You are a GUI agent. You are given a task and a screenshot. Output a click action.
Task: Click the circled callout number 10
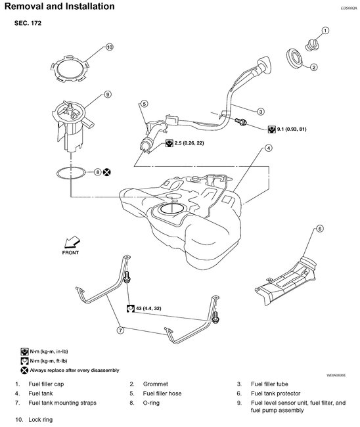[x=109, y=47]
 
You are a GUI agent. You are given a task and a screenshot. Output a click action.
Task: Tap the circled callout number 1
[x=325, y=31]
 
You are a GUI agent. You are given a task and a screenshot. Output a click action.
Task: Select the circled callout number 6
[x=319, y=229]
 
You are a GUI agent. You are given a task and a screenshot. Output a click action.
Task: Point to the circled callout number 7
[x=120, y=330]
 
